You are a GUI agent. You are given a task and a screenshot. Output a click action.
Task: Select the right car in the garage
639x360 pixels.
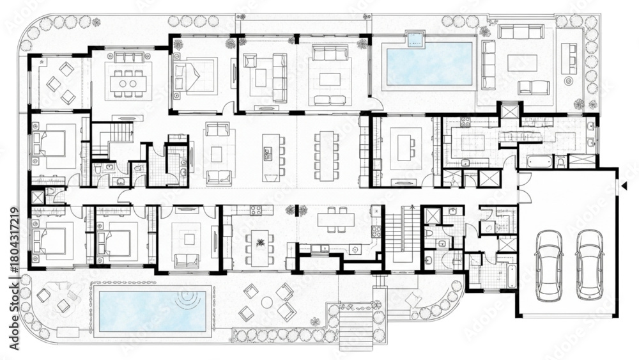[x=590, y=265]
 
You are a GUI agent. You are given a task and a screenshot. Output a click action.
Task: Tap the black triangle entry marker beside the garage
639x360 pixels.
[x=624, y=186]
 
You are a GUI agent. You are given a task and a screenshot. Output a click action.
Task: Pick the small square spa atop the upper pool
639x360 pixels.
[x=415, y=39]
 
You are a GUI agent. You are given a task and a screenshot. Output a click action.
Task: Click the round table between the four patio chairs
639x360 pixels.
[x=267, y=302]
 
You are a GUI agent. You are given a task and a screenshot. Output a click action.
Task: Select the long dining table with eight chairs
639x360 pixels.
[x=326, y=155]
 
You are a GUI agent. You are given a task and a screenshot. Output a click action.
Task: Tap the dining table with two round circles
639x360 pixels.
[x=128, y=84]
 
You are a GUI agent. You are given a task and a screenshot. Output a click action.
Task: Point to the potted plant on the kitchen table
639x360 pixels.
[x=259, y=244]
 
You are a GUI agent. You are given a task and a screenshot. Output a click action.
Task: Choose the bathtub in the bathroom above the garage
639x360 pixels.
[x=539, y=161]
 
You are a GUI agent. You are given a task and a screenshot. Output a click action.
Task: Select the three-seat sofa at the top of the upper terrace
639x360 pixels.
[x=521, y=32]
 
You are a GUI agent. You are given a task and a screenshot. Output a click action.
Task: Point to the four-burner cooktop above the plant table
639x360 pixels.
[x=256, y=210]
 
